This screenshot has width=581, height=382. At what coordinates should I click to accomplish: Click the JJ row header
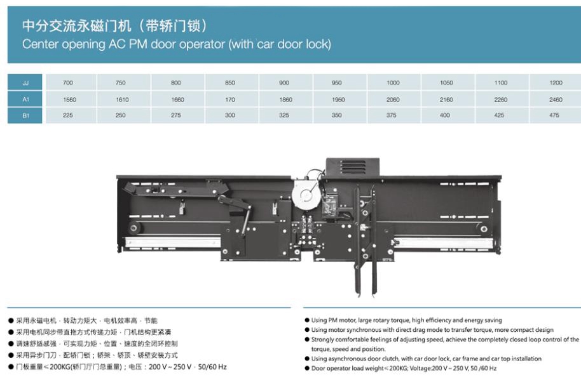pos(25,82)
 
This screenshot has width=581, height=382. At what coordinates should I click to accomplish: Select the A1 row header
pos(25,99)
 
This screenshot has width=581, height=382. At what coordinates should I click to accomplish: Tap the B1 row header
pos(25,115)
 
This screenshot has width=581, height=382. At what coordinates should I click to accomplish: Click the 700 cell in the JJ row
pos(68,82)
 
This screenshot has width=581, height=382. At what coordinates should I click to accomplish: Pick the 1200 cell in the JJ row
pos(556,82)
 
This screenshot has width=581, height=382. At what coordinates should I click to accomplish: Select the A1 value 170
pos(229,100)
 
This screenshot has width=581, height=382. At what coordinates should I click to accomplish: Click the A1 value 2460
pos(556,100)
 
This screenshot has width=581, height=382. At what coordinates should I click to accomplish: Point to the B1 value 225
pos(68,115)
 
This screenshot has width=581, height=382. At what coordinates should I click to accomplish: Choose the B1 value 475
pos(554,115)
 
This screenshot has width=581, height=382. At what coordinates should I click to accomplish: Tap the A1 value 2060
pos(393,100)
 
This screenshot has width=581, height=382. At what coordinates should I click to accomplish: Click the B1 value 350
pos(336,115)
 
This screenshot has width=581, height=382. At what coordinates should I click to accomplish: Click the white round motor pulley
pos(306,195)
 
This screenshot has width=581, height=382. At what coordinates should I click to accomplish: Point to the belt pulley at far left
pos(133,228)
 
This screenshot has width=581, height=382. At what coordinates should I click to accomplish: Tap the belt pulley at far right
pos(484,229)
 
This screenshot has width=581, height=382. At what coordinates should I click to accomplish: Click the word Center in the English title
pos(41,44)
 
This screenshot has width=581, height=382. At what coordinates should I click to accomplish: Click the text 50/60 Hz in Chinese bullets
pos(212,367)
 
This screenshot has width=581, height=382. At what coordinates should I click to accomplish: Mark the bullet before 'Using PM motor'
pos(307,320)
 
